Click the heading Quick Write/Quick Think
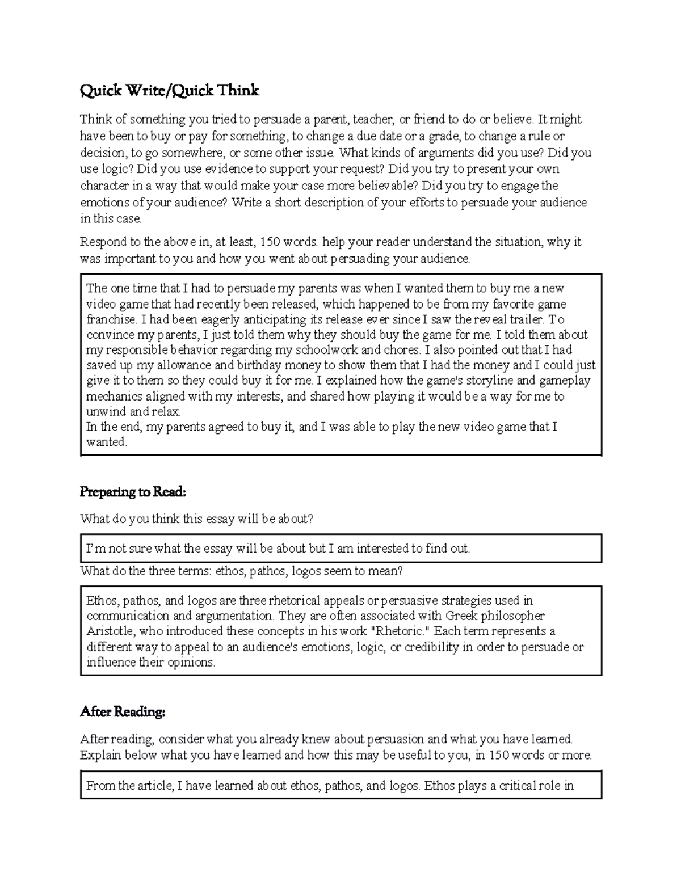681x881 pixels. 169,91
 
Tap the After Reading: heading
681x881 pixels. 123,711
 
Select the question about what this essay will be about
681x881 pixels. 196,519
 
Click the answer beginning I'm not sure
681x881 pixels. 278,549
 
